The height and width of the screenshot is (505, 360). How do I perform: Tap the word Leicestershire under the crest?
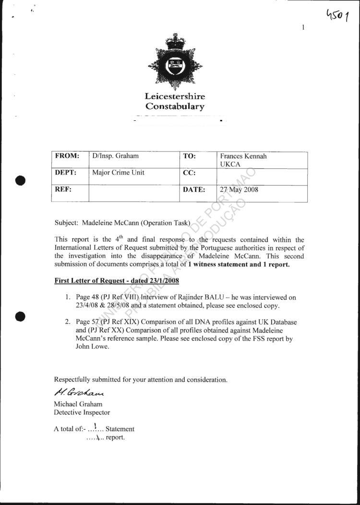pyautogui.click(x=175, y=97)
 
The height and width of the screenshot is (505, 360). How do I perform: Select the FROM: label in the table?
pyautogui.click(x=66, y=156)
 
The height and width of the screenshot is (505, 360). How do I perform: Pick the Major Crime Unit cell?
pyautogui.click(x=118, y=173)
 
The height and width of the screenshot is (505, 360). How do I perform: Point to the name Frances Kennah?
pyautogui.click(x=243, y=156)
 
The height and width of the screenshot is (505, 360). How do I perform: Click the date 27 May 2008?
pyautogui.click(x=239, y=189)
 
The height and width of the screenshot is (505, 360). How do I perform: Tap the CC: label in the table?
pyautogui.click(x=189, y=173)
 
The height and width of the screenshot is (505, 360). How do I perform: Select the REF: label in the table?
pyautogui.click(x=63, y=189)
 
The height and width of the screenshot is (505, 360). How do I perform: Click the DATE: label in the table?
pyautogui.click(x=194, y=189)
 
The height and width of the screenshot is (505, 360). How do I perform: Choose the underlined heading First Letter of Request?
pyautogui.click(x=117, y=280)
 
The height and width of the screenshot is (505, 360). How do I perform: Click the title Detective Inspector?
pyautogui.click(x=82, y=412)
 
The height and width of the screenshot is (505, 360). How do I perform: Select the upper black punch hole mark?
pyautogui.click(x=20, y=181)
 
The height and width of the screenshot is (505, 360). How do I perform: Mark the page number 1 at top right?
pyautogui.click(x=303, y=27)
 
